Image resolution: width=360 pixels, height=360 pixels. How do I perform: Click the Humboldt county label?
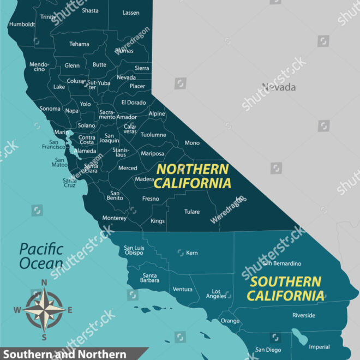22,24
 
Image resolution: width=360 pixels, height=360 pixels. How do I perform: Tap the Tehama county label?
79,44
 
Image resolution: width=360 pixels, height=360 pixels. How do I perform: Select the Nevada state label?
278,87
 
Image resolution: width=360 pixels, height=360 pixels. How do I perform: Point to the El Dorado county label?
134,102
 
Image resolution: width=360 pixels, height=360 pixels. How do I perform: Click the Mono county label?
192,143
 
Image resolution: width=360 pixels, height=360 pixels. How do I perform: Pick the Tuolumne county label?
153,135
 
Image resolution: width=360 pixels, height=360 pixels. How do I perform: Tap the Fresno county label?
151,199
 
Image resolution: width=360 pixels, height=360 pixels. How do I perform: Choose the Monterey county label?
115,218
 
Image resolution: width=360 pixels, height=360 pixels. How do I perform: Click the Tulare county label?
192,212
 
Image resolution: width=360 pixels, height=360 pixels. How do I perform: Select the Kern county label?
192,253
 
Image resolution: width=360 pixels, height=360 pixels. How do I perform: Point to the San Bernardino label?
281,263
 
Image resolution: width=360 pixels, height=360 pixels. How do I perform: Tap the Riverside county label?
304,315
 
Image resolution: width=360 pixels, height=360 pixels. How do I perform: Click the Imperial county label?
319,347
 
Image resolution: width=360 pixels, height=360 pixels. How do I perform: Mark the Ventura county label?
182,289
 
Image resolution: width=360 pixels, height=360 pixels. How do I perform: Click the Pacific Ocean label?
41,257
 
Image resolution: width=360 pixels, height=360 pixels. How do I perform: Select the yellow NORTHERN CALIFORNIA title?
192,176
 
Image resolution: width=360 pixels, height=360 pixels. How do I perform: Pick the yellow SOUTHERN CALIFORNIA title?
286,289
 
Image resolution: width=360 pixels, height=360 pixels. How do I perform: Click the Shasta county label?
90,10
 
